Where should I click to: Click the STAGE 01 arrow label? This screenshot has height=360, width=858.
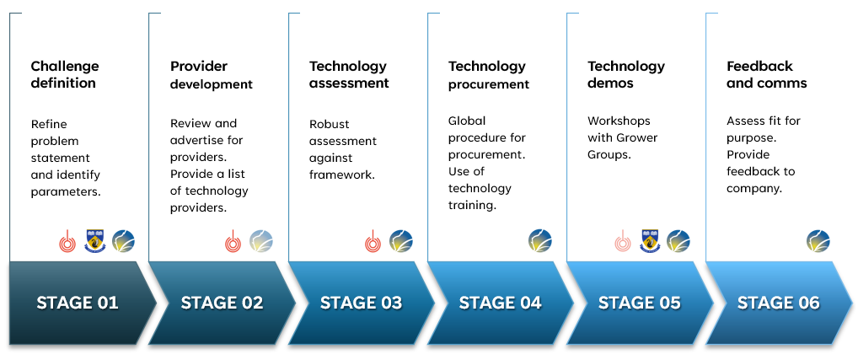[78, 303]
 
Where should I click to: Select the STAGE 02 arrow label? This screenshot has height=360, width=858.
[222, 303]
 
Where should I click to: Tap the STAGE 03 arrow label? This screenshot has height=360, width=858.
[361, 303]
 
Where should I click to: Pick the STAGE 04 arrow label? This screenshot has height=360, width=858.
[500, 303]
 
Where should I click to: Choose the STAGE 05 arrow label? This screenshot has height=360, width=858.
[639, 303]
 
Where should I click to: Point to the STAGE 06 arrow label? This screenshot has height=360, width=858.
[778, 303]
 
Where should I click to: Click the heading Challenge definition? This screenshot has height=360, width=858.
[65, 74]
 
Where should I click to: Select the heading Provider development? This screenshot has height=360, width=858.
[212, 75]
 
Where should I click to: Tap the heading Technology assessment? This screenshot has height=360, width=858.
[349, 74]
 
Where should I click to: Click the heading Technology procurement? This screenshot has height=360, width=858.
[489, 75]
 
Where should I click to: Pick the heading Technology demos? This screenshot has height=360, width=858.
[626, 74]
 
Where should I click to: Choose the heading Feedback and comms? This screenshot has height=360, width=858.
[767, 74]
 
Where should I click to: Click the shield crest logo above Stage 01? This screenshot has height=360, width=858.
[95, 241]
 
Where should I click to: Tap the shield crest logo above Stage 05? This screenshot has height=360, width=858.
[650, 241]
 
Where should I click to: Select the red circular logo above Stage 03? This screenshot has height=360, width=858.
[373, 241]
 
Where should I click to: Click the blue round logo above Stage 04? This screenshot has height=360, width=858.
[539, 241]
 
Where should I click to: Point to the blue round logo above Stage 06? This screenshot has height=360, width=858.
[818, 241]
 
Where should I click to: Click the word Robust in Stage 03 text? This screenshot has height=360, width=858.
[329, 124]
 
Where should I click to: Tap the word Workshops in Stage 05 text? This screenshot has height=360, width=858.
[619, 121]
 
